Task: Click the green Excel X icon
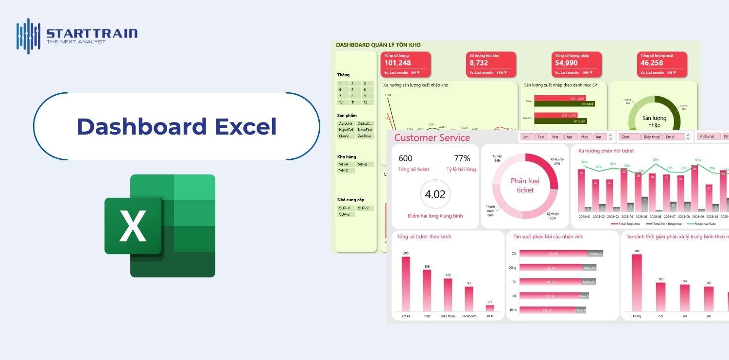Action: point(132,226)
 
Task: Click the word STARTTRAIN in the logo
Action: point(92,34)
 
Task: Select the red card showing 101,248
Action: point(406,64)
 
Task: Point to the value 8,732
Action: point(479,63)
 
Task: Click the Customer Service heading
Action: point(432,137)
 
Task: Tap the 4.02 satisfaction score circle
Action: point(435,194)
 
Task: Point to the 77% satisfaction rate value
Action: point(462,158)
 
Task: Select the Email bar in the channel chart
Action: point(406,284)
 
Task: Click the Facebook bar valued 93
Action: point(469,298)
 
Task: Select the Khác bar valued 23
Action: point(490,308)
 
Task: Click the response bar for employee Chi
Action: point(554,254)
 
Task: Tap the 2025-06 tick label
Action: point(656,217)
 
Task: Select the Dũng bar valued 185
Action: point(637,283)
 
